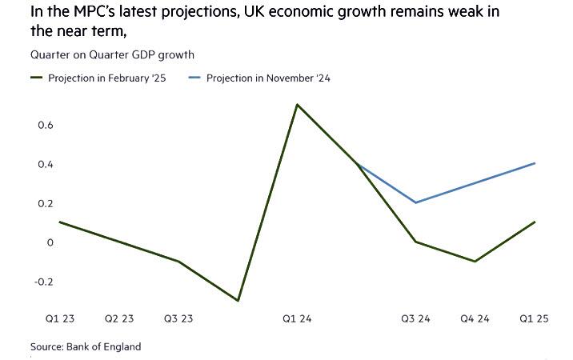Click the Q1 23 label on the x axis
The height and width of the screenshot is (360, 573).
point(60,318)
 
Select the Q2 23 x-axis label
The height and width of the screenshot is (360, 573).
point(119,318)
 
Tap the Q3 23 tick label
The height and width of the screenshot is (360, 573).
point(178,318)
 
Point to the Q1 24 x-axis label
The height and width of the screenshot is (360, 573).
point(297,318)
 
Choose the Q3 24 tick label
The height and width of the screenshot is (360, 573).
point(415,318)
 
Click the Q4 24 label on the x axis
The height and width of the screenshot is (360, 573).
point(475,318)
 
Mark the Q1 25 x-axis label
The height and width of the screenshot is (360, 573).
point(533,318)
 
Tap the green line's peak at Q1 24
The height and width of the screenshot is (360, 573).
point(297,105)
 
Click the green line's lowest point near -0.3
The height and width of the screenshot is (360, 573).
point(238,301)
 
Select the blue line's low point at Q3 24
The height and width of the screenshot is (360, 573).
point(415,202)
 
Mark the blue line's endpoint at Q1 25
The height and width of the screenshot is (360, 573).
point(534,163)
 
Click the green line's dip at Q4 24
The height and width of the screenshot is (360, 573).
point(475,262)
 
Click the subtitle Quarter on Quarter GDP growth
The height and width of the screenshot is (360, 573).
point(113,54)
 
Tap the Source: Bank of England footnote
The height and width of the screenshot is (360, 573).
point(86,346)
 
